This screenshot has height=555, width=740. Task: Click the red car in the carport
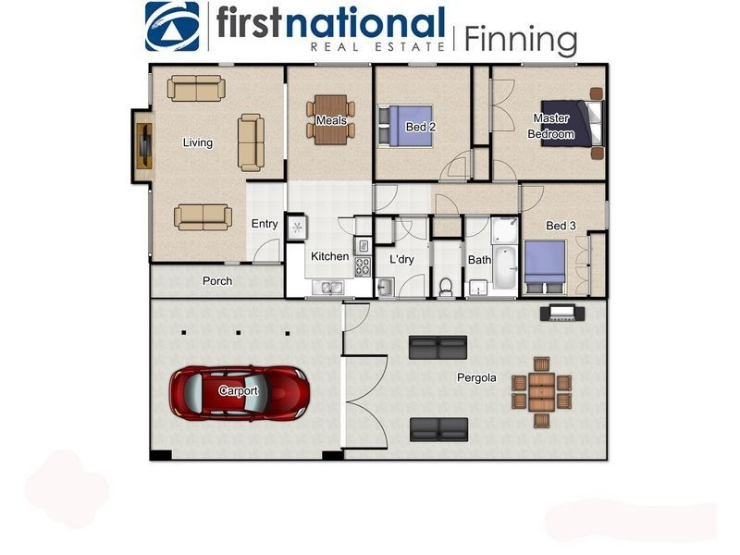240,392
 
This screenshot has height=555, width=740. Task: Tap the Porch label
217,281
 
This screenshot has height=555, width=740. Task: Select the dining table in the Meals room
331,119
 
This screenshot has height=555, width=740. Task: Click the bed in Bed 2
405,126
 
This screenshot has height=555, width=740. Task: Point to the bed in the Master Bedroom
572,123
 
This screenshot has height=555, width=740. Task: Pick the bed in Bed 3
545,266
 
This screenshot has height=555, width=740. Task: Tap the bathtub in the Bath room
505,261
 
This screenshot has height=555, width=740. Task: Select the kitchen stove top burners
363,266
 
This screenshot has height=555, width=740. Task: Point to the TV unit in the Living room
144,145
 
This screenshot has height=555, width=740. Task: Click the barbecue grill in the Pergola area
562,314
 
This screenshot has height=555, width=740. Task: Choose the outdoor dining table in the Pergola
542,392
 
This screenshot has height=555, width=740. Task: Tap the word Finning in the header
521,39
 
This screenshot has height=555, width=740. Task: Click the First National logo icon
172,26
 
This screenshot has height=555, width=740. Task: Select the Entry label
265,224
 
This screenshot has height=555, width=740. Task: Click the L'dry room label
401,259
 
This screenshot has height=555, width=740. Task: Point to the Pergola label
476,377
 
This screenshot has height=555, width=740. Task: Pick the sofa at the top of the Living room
196,88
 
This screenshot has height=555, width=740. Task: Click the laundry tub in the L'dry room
386,288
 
